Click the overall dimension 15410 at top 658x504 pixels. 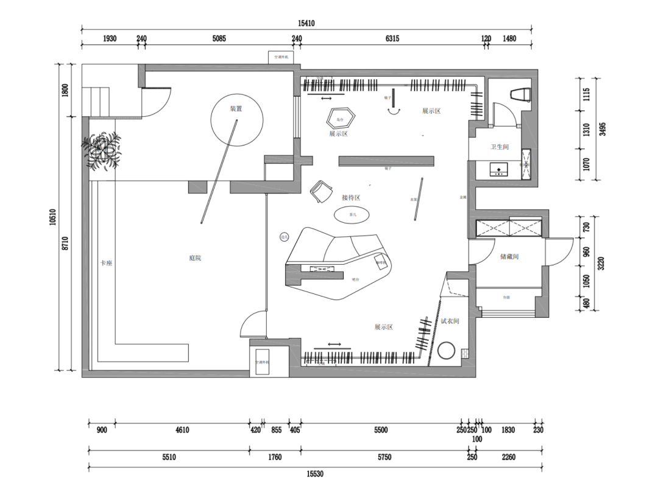point(306,24)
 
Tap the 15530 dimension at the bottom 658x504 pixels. point(315,474)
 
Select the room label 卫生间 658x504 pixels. point(500,147)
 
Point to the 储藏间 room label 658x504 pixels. point(509,257)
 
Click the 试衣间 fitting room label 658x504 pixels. point(450,321)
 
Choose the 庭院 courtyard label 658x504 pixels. point(195,258)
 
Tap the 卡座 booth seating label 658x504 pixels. point(107,264)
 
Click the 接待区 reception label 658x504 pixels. point(351,198)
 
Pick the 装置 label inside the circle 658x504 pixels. point(236,109)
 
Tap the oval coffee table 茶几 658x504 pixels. point(351,215)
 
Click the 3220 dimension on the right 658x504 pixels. point(601,264)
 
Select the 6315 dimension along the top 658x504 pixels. point(392,38)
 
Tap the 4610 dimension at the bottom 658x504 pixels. point(182,430)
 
